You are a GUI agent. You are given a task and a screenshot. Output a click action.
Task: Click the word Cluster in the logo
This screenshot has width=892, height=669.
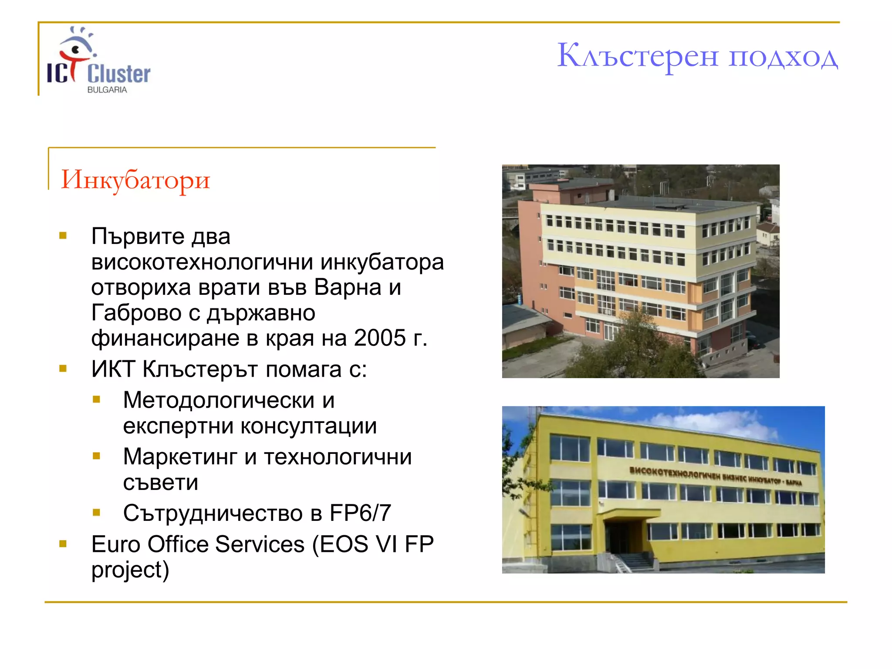[x=118, y=74]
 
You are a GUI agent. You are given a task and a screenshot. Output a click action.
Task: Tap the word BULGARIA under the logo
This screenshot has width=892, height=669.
[x=107, y=90]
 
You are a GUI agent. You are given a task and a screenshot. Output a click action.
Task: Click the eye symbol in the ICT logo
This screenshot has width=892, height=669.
[x=76, y=49]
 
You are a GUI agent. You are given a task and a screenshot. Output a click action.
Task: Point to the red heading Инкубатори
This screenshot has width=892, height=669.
[x=135, y=179]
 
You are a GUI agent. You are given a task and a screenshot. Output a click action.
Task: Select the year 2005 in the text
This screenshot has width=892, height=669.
[x=380, y=338]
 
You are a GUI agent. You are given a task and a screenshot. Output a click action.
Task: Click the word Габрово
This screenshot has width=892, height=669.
[x=136, y=313]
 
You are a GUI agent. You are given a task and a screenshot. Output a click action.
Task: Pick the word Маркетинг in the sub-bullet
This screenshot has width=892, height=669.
[x=180, y=457]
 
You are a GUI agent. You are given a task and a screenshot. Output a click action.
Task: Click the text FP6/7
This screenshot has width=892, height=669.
[x=360, y=513]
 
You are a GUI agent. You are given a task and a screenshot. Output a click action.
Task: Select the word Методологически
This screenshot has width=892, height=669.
[x=218, y=400]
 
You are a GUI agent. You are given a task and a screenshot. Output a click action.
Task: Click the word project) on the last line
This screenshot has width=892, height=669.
[x=130, y=570]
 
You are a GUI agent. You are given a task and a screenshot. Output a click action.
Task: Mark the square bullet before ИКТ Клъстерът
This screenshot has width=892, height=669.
[x=63, y=369]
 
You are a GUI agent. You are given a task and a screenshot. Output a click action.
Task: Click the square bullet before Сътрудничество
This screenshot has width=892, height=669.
[x=97, y=513]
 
